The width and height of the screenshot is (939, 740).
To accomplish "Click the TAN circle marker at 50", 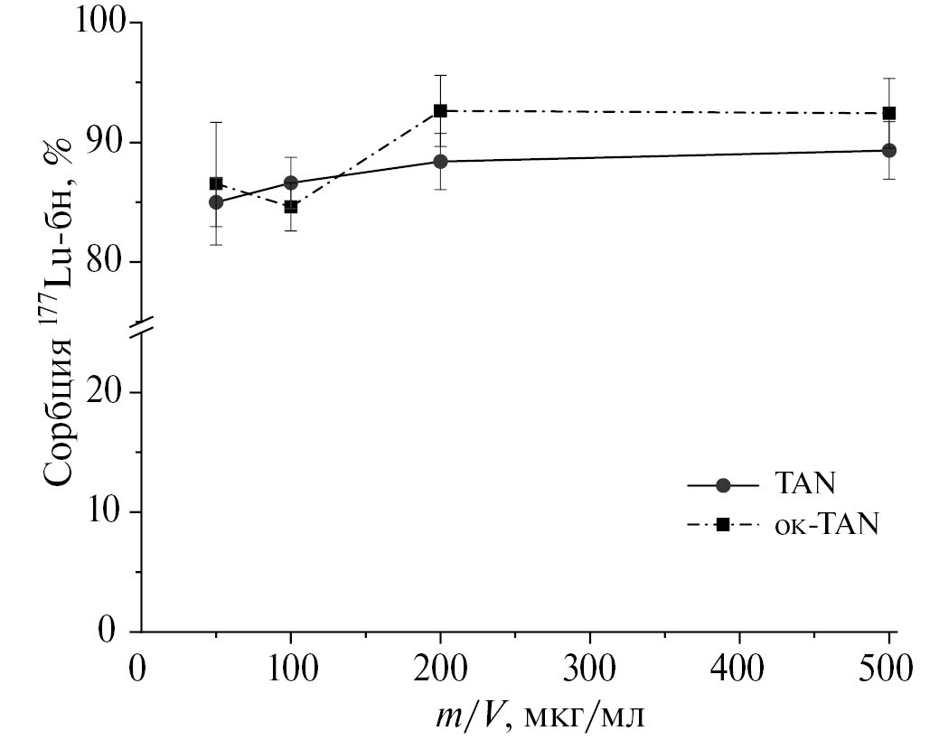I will (216, 201).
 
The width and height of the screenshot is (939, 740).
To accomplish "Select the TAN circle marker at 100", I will (291, 183).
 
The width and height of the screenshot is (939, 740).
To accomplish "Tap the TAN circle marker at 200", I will (440, 161).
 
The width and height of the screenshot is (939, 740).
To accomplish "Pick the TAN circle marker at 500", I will (889, 150).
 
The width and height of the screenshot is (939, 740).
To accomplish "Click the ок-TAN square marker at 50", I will (216, 183).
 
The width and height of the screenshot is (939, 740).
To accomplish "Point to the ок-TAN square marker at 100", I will (291, 207).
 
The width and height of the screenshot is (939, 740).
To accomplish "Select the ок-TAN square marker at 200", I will (440, 110).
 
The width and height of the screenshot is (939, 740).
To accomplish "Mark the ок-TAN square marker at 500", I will (889, 113).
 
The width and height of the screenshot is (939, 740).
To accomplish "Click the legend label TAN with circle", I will (803, 484).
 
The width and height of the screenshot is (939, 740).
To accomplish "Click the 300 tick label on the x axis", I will (589, 670).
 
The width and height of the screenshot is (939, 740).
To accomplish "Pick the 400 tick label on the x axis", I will (739, 670).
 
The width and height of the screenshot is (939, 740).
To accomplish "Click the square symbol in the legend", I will (723, 525).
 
